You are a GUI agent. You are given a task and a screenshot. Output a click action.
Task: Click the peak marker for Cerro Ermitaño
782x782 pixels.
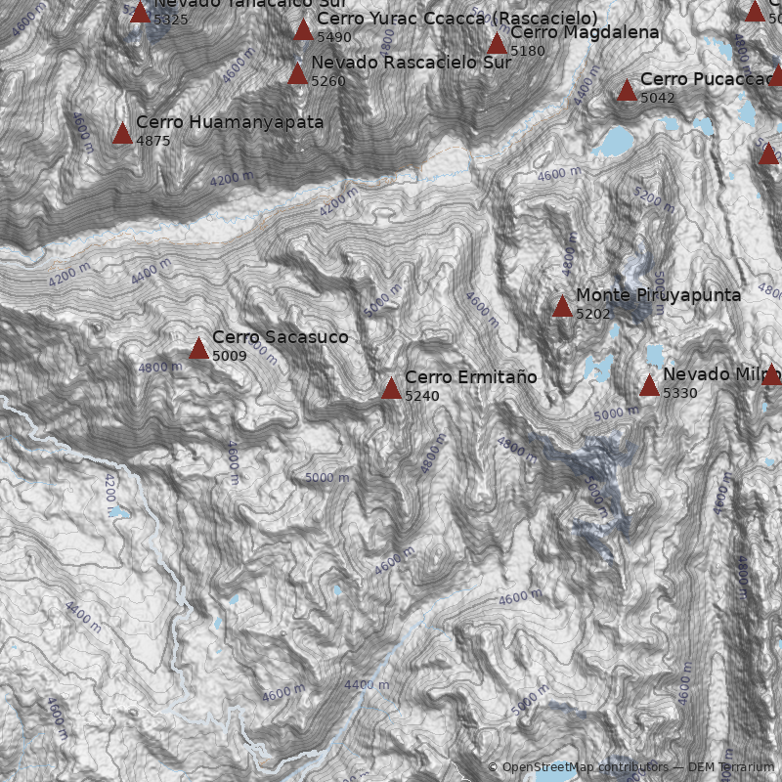[x=391, y=388]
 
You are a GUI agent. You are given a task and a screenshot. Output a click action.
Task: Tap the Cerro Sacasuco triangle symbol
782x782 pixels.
[x=199, y=348]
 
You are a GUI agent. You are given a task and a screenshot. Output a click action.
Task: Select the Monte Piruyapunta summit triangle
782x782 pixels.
[x=562, y=307]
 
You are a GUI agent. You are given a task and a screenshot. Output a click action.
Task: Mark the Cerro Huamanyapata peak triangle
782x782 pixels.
[x=122, y=134]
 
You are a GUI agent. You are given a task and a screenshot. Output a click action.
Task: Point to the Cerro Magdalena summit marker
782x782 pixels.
[x=497, y=43]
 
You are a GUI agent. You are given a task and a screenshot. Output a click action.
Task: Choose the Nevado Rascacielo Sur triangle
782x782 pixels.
[x=298, y=73]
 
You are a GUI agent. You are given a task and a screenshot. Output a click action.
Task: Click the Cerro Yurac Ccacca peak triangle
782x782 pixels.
[x=304, y=29]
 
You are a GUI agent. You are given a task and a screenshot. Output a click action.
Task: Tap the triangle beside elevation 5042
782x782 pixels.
[x=627, y=91]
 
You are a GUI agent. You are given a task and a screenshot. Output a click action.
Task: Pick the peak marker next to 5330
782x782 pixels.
[x=649, y=385]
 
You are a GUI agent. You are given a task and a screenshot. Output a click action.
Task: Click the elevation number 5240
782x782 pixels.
[x=422, y=396]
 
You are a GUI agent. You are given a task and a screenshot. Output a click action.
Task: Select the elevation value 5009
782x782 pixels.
[x=230, y=356]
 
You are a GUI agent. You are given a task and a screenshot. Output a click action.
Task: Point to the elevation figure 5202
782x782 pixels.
[x=593, y=314]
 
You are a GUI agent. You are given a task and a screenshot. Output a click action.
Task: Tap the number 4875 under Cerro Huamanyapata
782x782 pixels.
[x=153, y=141]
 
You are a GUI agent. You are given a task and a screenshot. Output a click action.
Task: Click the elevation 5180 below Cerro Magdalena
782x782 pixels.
[x=528, y=51]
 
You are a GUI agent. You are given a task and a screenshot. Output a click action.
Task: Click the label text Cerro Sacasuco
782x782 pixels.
[x=280, y=337]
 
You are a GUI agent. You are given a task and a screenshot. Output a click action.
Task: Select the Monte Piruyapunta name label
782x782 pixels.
[x=658, y=295]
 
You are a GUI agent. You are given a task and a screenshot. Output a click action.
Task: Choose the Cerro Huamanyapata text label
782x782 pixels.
[x=230, y=123]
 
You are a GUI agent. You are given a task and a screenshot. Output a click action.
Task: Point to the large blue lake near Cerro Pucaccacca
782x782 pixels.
[x=616, y=142]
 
